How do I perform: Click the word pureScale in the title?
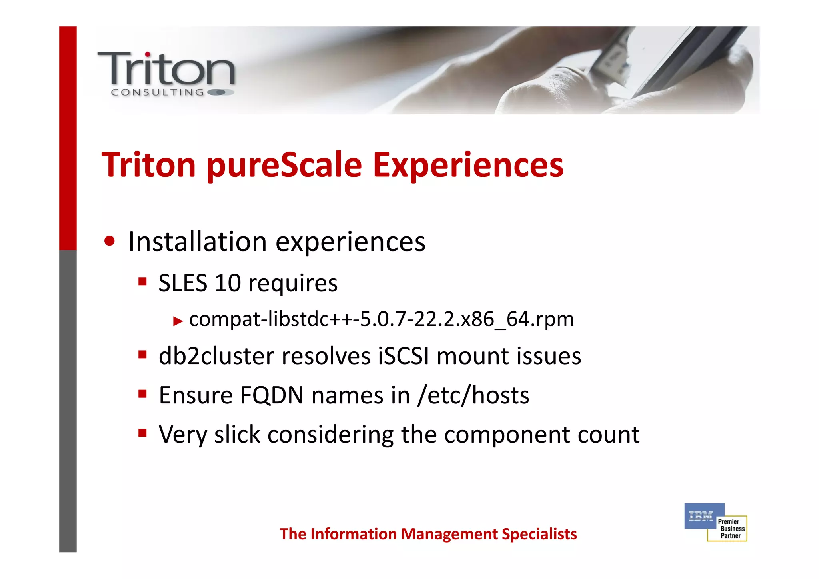pos(284,166)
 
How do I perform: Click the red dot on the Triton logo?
pos(148,54)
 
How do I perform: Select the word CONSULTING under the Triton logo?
pos(157,92)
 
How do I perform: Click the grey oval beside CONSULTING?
pos(220,92)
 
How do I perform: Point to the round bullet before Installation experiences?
pos(109,241)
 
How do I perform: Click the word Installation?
pos(198,242)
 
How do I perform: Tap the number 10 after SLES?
pos(228,283)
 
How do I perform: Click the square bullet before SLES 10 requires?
pos(142,281)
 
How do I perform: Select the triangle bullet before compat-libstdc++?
pos(178,321)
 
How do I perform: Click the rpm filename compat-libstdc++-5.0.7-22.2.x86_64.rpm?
pos(381,319)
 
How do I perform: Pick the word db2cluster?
pos(216,356)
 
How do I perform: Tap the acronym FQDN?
pos(272,395)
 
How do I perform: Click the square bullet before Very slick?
pos(142,433)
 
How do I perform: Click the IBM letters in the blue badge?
pos(701,516)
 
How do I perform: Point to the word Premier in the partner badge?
pos(728,522)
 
